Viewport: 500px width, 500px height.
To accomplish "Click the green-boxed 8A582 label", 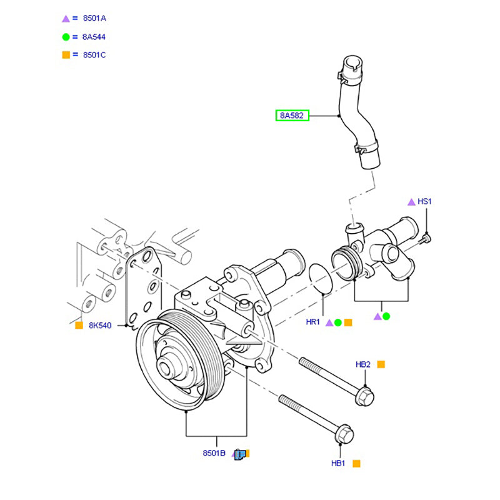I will coord(293,116).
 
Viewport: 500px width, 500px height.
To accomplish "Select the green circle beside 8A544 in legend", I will coord(66,37).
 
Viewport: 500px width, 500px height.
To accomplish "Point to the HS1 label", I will coord(425,202).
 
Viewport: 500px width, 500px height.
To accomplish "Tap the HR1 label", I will coord(313,322).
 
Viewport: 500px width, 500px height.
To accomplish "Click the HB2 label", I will coord(364,364).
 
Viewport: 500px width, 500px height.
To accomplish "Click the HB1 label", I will coord(339,464).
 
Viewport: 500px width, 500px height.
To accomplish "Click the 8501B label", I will coord(214,454).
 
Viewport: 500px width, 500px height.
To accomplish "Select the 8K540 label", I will coord(100,326).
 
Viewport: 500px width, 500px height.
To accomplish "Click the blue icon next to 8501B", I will coord(240,454).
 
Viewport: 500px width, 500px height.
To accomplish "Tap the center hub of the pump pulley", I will coord(169,365).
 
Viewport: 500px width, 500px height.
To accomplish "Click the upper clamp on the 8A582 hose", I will coord(347,76).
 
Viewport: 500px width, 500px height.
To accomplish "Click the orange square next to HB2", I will coord(381,364).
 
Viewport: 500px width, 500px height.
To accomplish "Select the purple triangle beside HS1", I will coord(411,202).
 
